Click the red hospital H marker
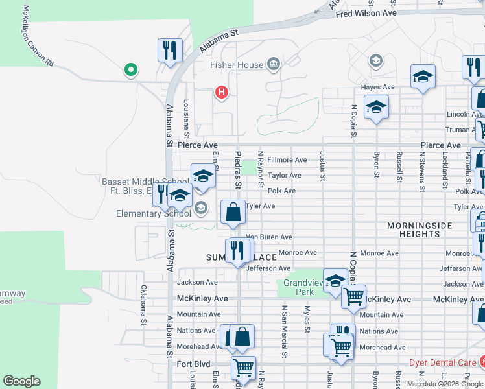tap(222, 93)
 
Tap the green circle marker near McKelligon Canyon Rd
tap(131, 69)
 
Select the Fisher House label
tap(236, 65)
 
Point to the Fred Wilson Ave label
tap(366, 13)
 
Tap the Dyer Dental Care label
tap(434, 363)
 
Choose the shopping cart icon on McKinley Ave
tap(353, 297)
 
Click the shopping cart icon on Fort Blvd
tap(243, 368)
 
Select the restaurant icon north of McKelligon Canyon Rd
tap(170, 50)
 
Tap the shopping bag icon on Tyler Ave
tap(233, 211)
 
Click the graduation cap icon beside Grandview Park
tap(335, 280)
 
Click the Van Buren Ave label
tap(268, 237)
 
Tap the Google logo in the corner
tap(21, 381)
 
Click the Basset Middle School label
tap(145, 182)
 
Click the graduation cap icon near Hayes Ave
tap(423, 77)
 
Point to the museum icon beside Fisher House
tap(274, 64)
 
